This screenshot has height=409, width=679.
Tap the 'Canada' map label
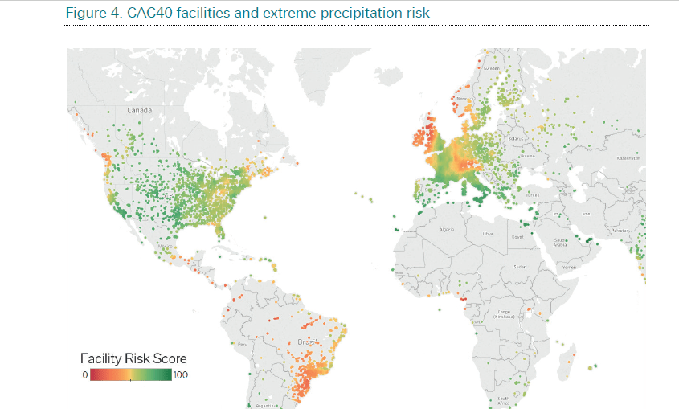pyautogui.click(x=139, y=109)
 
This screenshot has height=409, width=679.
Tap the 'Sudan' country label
pyautogui.click(x=521, y=267)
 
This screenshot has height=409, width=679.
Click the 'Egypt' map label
pyautogui.click(x=518, y=237)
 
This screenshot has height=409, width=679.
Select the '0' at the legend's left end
pyautogui.click(x=84, y=374)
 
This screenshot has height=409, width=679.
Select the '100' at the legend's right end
pyautogui.click(x=180, y=374)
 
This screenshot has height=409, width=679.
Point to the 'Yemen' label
pyautogui.click(x=569, y=266)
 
